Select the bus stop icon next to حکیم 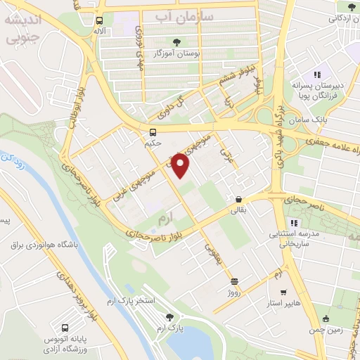[x=153, y=132]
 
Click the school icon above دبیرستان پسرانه [x=317, y=74]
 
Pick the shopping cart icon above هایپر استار [x=283, y=292]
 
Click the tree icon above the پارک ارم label [x=168, y=317]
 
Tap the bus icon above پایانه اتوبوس [x=66, y=327]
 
